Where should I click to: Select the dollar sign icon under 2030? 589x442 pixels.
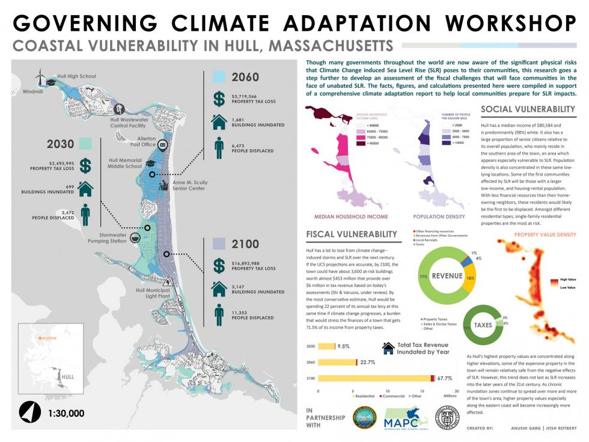point(87,165)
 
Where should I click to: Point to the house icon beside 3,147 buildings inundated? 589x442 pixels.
point(219,289)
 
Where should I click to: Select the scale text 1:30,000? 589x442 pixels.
point(66,413)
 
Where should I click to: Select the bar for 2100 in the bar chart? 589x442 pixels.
point(375,378)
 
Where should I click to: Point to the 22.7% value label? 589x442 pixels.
point(368,362)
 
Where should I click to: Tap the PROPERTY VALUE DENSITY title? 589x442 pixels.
point(545,235)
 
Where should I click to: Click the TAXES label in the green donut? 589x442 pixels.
point(483,325)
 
